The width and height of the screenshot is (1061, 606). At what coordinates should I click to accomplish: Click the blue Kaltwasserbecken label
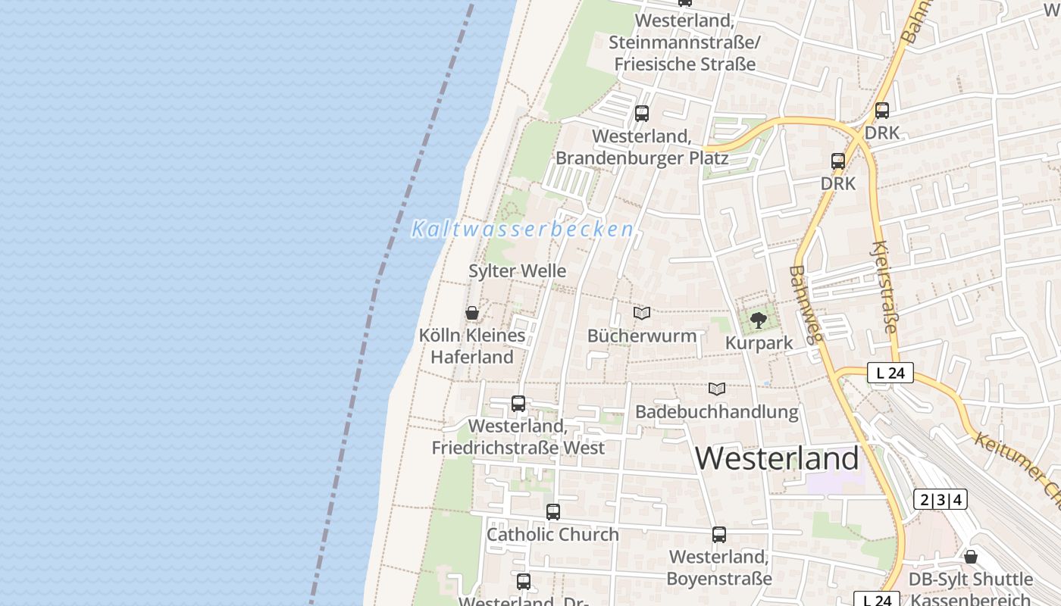tap(522, 229)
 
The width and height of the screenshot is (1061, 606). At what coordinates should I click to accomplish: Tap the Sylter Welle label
tap(517, 270)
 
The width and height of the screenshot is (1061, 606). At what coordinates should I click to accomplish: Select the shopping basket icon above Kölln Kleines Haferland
tap(472, 313)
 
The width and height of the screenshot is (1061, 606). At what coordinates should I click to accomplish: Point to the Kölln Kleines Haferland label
tap(472, 345)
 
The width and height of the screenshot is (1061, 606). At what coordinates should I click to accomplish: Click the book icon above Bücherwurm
tap(642, 313)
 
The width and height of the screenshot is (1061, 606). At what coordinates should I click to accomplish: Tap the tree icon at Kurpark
tap(758, 320)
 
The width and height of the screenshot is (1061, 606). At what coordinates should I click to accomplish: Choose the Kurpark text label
tap(759, 342)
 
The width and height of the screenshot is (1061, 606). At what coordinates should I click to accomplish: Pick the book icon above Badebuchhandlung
tap(717, 389)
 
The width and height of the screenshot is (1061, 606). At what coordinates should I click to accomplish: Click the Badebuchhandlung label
tap(716, 412)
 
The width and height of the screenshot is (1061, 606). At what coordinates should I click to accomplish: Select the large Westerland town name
tap(777, 458)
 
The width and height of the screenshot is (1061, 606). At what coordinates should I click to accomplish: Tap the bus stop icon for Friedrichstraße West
tap(518, 404)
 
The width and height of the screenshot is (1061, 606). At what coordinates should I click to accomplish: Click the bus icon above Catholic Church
tap(553, 512)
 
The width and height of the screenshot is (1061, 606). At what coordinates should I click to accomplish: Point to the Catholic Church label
tap(552, 534)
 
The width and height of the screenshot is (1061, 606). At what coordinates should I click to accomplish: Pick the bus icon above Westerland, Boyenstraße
tap(719, 535)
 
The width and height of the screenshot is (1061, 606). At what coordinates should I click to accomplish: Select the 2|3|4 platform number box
tap(940, 499)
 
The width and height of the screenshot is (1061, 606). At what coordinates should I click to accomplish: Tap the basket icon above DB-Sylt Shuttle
tap(971, 558)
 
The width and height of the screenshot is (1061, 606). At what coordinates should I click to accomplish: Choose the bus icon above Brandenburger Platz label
tap(642, 114)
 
